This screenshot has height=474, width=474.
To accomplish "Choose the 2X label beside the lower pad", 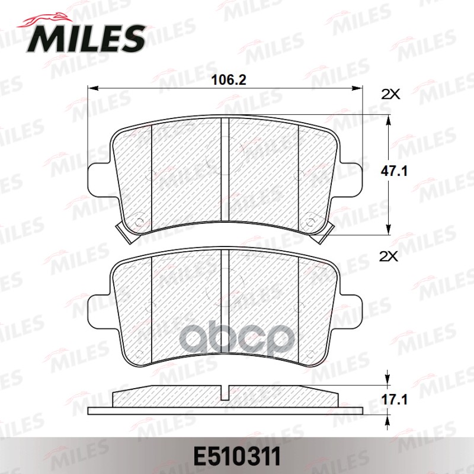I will pyautogui.click(x=390, y=256).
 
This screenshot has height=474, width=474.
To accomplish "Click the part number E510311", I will pyautogui.click(x=237, y=458).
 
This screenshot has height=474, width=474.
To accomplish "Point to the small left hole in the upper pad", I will pyautogui.click(x=140, y=223).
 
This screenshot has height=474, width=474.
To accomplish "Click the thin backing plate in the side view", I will pyautogui.click(x=225, y=411).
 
